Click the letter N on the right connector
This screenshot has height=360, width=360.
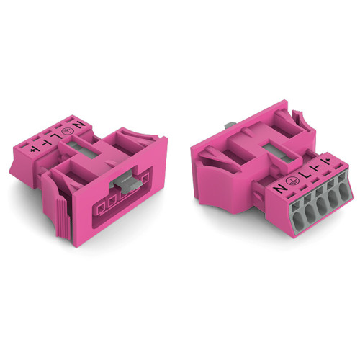[278, 189]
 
